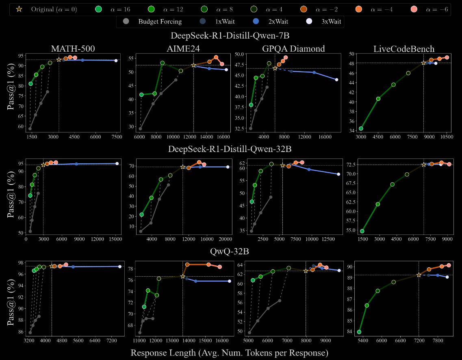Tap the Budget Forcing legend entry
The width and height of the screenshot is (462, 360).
click(126, 21)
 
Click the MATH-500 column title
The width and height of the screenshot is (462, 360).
click(73, 49)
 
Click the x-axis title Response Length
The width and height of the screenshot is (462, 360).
click(229, 353)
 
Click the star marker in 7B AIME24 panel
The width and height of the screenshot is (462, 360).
click(193, 65)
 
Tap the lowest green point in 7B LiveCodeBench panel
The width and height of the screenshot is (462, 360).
click(361, 128)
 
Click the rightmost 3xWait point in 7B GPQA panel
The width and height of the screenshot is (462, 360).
click(336, 80)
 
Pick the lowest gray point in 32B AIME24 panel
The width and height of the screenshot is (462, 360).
click(141, 231)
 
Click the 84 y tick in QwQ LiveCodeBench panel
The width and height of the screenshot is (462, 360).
click(349, 332)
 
